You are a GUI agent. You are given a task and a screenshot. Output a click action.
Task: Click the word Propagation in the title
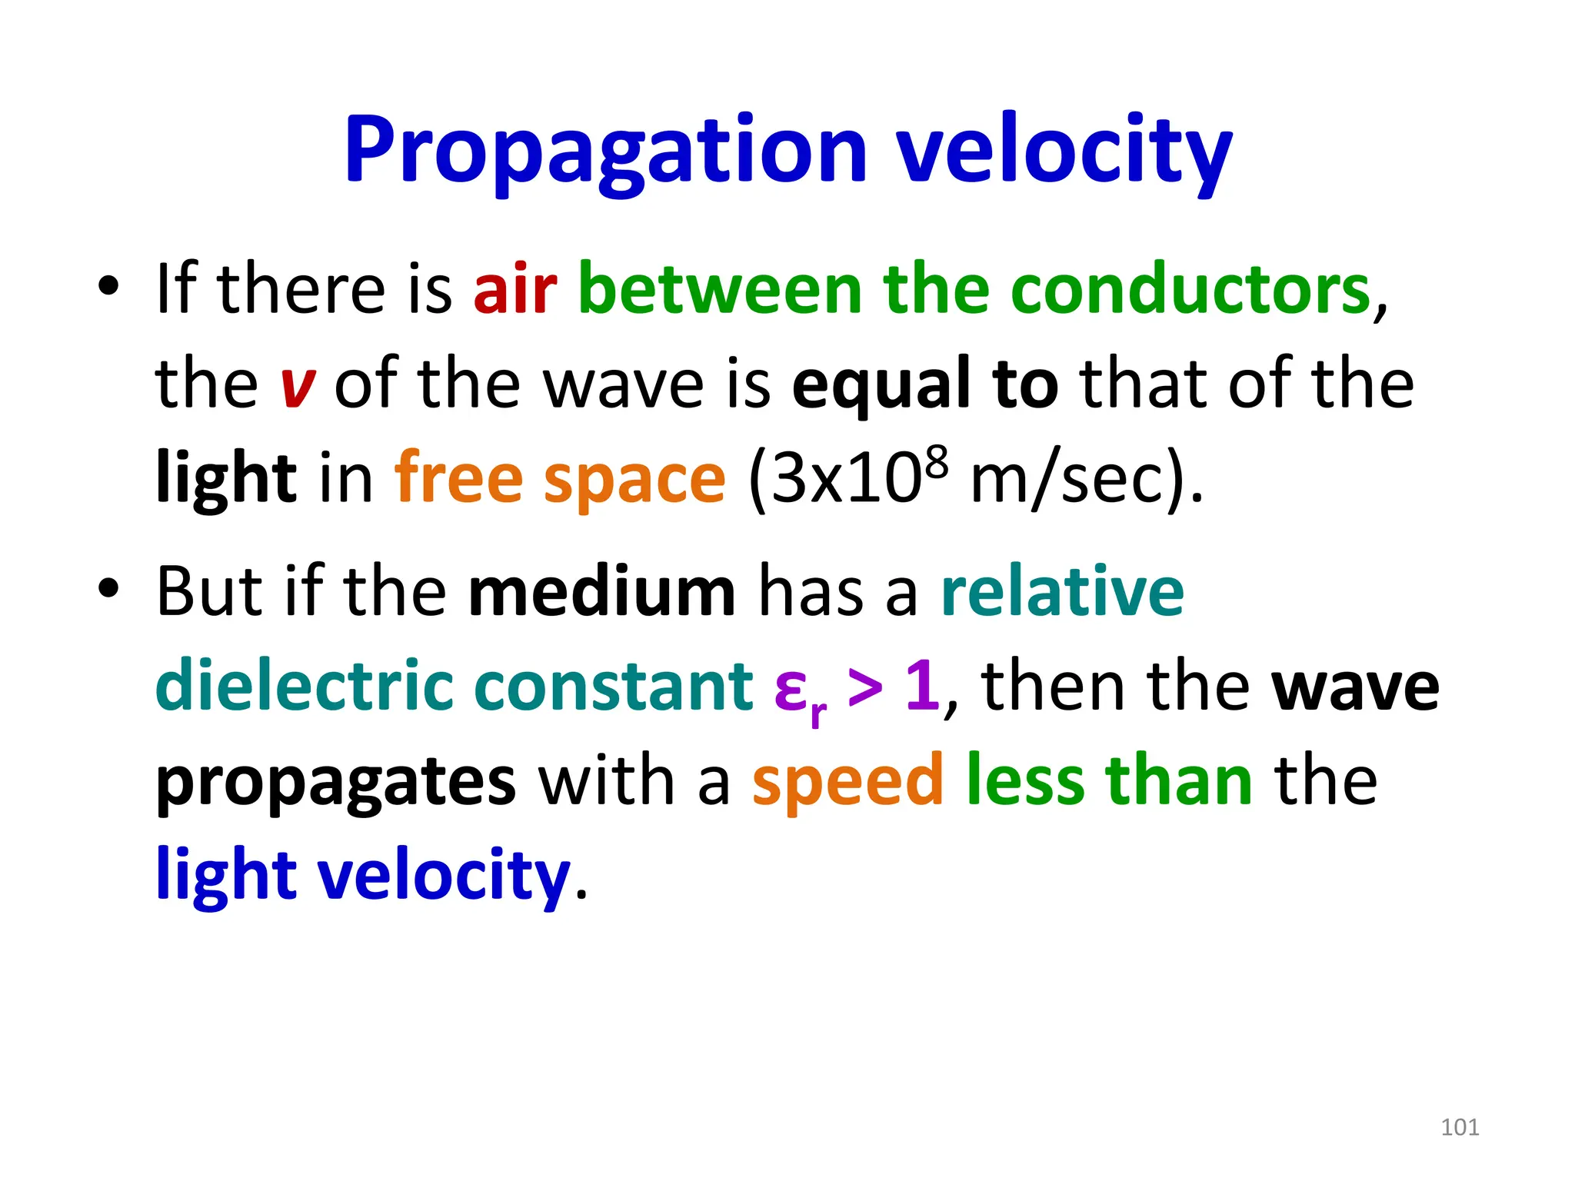605,150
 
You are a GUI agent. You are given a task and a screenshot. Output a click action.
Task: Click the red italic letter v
298,386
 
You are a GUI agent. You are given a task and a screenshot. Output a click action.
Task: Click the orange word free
458,479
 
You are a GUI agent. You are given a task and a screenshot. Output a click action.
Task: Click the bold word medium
602,592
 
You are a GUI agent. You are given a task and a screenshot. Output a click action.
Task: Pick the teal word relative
1062,592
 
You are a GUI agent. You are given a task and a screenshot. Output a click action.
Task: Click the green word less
1024,781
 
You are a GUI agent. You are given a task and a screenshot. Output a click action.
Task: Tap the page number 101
1459,1127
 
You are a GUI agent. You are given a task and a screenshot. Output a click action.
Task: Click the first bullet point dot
108,287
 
